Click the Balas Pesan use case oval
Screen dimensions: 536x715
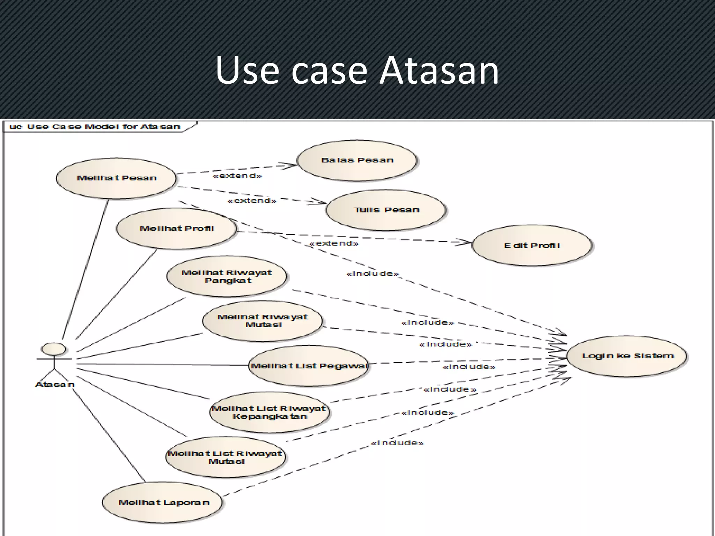[357, 161]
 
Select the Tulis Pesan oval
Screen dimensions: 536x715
[386, 210]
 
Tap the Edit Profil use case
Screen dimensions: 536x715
[532, 245]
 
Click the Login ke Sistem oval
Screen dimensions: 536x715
[627, 356]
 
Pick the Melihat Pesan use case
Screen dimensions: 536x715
[117, 178]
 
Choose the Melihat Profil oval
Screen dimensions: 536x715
[176, 229]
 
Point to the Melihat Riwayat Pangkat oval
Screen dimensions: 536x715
[227, 276]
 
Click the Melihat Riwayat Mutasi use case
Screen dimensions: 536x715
[263, 321]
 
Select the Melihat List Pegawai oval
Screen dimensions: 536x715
[309, 366]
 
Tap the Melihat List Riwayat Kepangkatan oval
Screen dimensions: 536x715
[269, 412]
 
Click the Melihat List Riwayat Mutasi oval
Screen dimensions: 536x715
[226, 457]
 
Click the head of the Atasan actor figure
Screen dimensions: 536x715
[54, 349]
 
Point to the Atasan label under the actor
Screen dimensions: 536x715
[55, 385]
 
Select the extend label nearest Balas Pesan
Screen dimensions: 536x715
[237, 176]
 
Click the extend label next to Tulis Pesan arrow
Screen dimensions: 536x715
[252, 201]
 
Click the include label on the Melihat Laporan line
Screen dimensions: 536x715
[397, 443]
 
